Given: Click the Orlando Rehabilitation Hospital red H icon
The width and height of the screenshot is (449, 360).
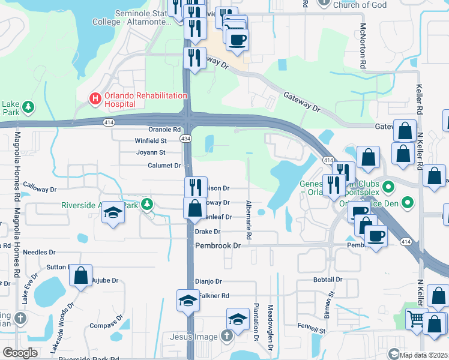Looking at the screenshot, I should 94,97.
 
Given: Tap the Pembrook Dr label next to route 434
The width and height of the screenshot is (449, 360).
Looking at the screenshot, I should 218,246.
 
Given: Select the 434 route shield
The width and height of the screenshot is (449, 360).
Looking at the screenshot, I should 187,139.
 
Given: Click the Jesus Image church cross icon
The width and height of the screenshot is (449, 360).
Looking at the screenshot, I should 226,337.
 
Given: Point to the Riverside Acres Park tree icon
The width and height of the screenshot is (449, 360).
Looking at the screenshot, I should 146,205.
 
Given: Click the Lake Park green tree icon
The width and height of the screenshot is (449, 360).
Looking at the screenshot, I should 28,107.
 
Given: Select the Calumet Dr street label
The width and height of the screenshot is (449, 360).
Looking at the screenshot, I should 164,165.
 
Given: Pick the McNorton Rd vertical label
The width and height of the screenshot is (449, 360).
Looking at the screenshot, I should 363,45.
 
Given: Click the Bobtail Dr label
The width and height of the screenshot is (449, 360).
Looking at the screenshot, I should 327,280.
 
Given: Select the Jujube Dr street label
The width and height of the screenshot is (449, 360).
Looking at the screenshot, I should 108,280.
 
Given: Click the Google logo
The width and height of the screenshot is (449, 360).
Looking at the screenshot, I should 20,353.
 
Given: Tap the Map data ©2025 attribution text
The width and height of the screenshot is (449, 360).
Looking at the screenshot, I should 424,355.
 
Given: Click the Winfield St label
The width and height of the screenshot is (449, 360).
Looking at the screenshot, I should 150,140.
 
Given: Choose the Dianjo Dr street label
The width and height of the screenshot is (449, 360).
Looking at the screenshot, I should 208,281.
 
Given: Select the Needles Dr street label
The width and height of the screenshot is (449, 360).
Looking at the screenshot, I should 38,253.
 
